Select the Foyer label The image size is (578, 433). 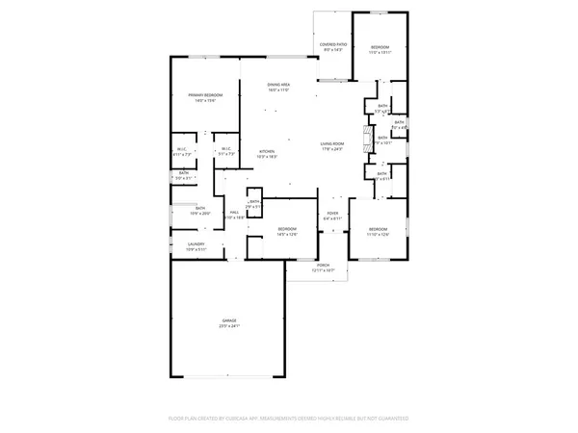click(332, 214)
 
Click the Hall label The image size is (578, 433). click(234, 213)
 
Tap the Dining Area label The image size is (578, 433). click(279, 86)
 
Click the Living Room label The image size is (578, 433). click(332, 144)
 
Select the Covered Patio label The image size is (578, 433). click(333, 44)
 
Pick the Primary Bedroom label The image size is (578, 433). click(205, 95)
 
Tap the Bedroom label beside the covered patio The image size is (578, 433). click(380, 47)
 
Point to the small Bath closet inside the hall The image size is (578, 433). click(253, 203)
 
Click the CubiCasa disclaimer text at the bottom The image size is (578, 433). click(289, 419)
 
